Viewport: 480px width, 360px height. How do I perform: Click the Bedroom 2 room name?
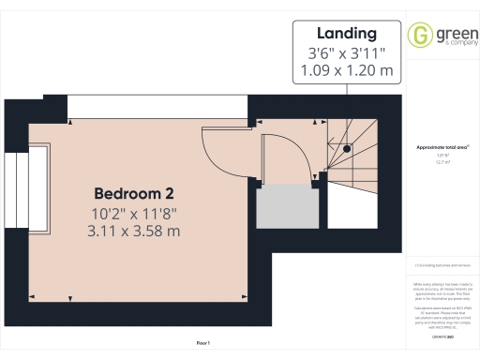click(x=133, y=193)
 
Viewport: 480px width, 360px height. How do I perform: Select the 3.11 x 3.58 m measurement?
click(x=133, y=230)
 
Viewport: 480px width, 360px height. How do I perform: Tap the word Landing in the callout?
click(x=347, y=32)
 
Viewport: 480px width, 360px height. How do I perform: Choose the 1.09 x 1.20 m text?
click(x=347, y=69)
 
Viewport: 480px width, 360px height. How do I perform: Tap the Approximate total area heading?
click(x=442, y=147)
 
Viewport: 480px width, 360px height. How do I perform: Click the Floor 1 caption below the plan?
click(x=202, y=343)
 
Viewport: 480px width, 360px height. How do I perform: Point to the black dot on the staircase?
click(x=346, y=148)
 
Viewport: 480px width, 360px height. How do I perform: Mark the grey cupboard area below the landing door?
click(x=285, y=204)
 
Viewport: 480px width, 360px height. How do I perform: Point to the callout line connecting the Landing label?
click(x=347, y=86)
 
